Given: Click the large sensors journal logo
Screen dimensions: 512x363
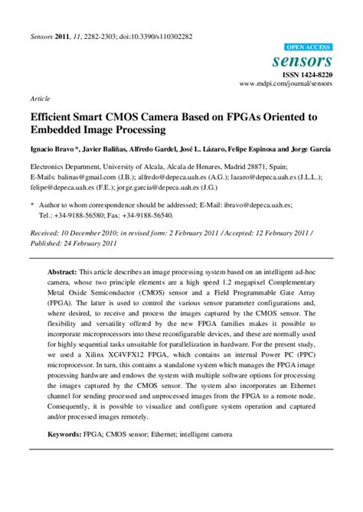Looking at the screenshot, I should [x=307, y=60].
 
